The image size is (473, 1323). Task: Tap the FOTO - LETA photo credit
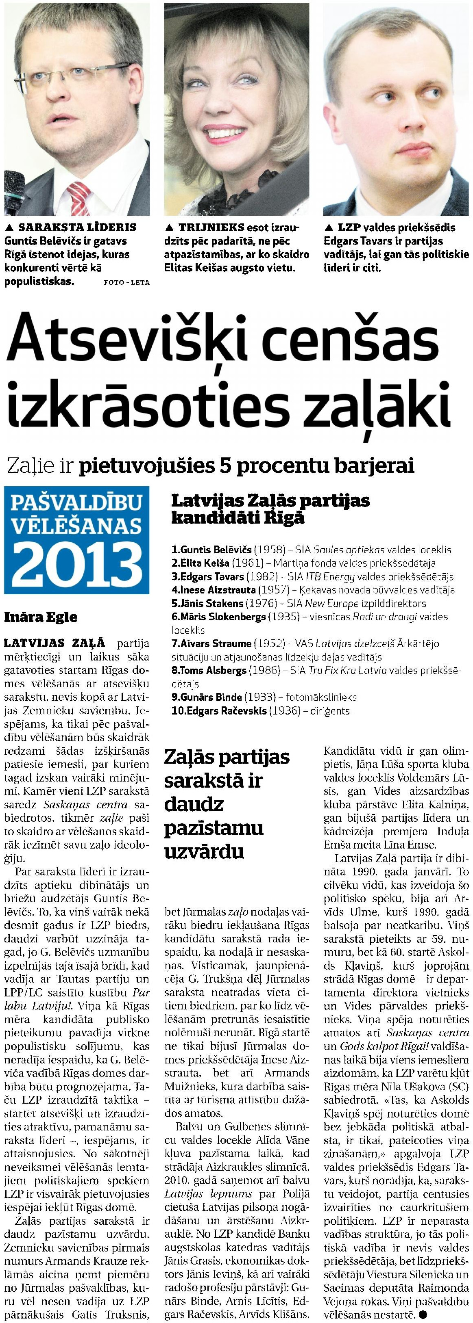coord(126,282)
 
